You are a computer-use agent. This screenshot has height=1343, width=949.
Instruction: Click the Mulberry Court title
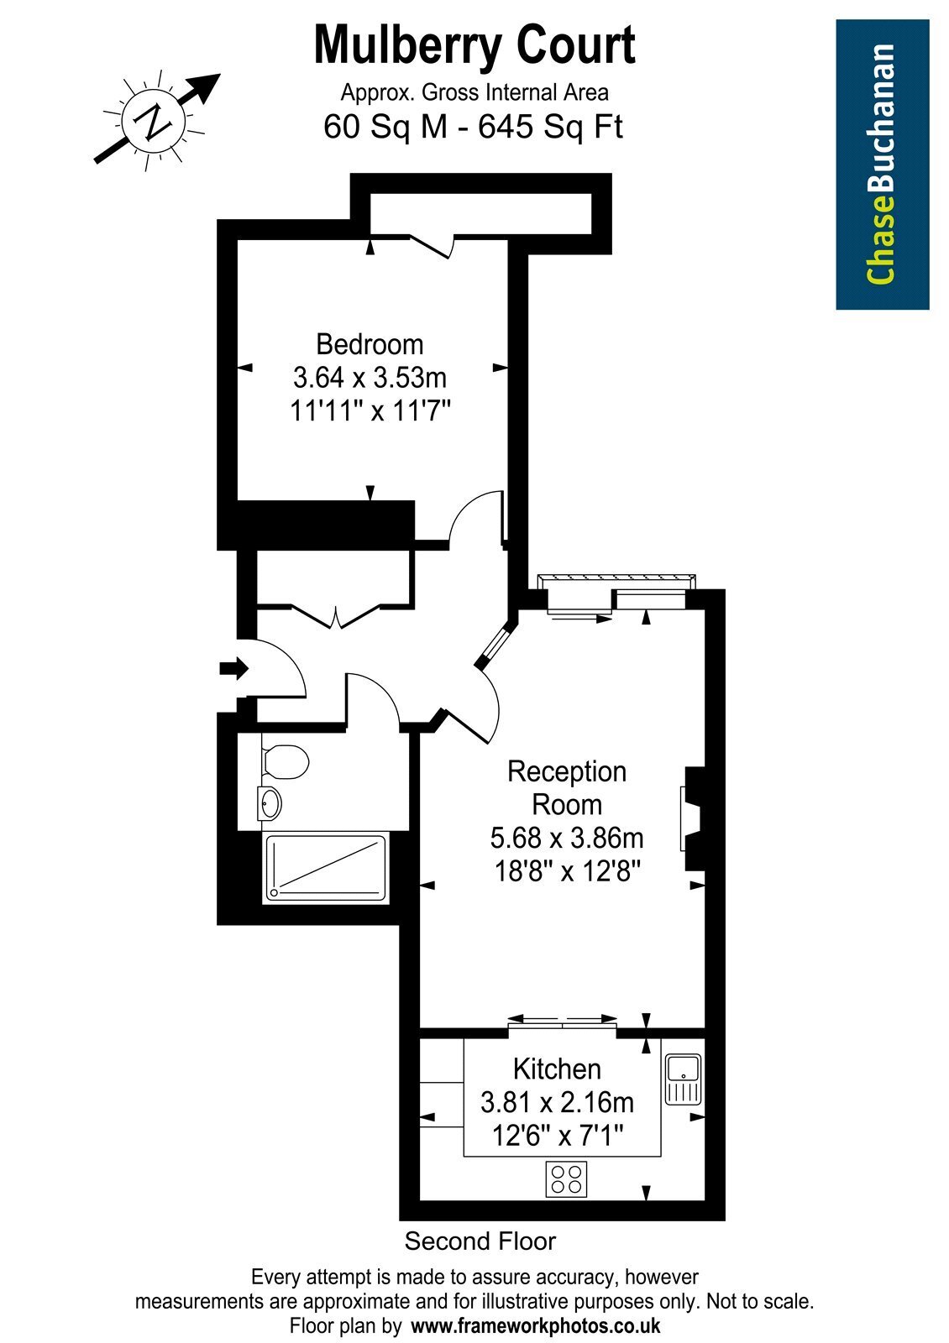tap(474, 46)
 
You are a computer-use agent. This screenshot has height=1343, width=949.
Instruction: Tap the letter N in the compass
tap(155, 121)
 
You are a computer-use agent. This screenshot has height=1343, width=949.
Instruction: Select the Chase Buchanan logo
tap(883, 165)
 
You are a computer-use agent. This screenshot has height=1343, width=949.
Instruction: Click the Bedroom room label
tap(370, 345)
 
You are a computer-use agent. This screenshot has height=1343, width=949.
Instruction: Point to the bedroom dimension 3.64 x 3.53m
tap(370, 378)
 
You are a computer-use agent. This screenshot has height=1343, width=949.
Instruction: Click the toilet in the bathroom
tap(286, 761)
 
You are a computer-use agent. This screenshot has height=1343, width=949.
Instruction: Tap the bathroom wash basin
tap(270, 803)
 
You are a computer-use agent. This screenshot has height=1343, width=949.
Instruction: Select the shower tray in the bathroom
tap(326, 868)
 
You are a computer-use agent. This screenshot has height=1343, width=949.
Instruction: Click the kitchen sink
tap(683, 1079)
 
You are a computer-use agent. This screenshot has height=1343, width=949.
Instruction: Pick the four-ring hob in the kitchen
tap(566, 1178)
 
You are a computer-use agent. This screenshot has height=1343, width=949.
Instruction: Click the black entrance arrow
tap(234, 668)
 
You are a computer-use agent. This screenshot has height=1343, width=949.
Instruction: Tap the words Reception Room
tap(567, 788)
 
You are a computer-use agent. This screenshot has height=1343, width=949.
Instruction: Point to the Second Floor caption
tap(480, 1241)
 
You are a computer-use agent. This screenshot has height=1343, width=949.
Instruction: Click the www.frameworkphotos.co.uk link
tap(535, 1325)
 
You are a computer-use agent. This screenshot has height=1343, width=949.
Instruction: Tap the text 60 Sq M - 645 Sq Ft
tap(474, 127)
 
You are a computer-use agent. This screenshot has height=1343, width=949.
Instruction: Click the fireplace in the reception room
tap(692, 819)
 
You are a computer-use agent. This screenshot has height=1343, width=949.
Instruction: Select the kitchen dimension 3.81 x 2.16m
tap(557, 1102)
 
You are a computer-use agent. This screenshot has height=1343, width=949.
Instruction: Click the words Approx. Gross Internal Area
tap(474, 93)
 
